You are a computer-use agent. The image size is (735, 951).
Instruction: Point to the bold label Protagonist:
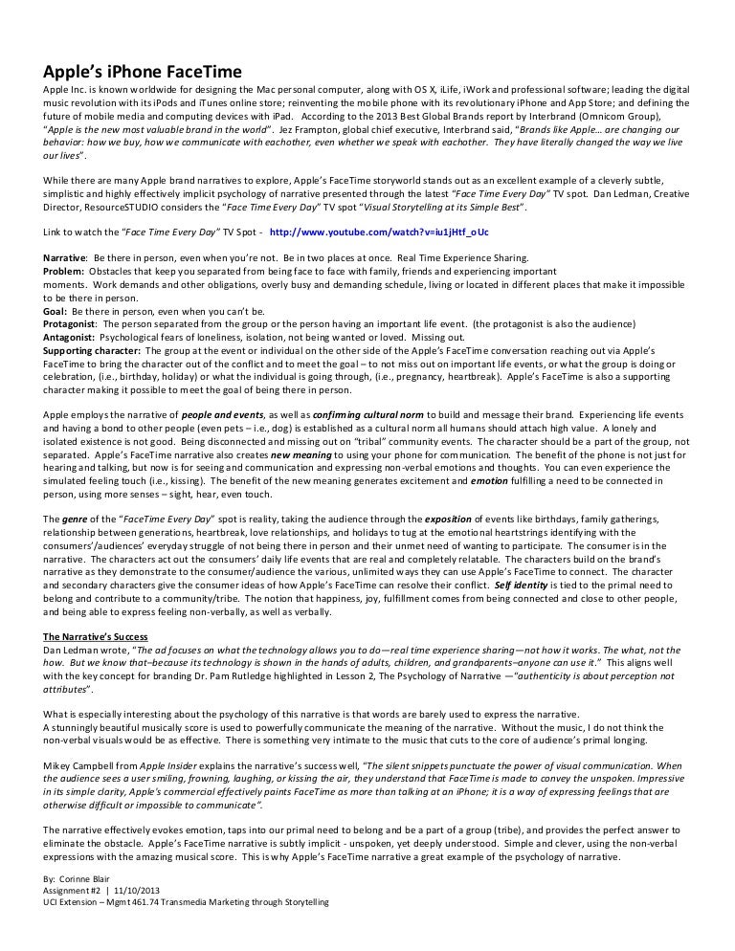pyautogui.click(x=70, y=325)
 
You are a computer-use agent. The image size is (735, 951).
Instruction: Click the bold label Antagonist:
pyautogui.click(x=70, y=338)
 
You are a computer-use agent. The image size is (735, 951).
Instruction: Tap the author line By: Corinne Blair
pyautogui.click(x=84, y=875)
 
